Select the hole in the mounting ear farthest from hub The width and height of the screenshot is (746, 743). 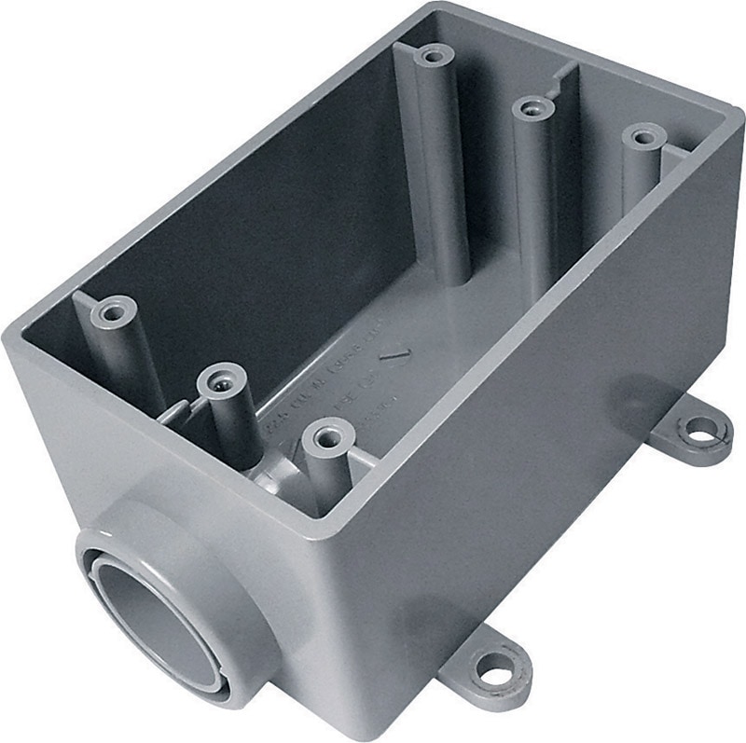698,431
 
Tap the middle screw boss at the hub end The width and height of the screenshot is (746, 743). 221,380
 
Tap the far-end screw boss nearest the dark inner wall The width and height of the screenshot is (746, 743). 430,55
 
